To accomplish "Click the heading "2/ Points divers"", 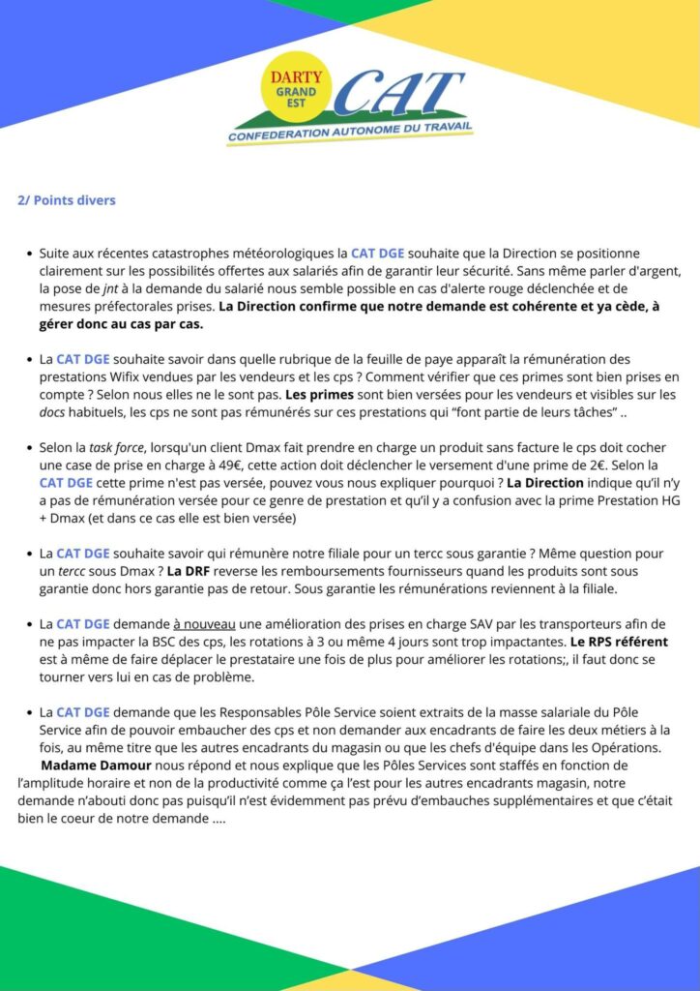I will (67, 200).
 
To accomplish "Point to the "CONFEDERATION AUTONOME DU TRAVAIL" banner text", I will (349, 136).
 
